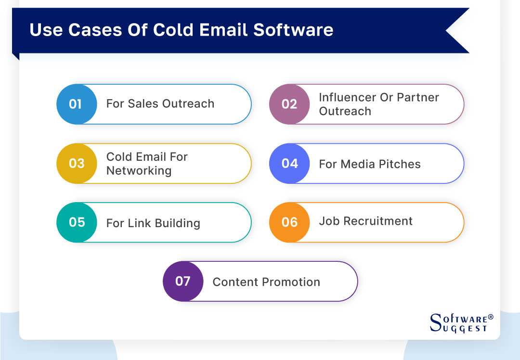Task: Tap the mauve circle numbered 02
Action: point(289,104)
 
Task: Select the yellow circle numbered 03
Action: point(77,164)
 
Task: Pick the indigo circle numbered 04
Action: point(289,164)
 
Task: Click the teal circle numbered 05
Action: point(77,222)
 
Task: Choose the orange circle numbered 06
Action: point(289,222)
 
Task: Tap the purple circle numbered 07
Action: point(183,282)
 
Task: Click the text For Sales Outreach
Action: point(160,104)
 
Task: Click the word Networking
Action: point(139,171)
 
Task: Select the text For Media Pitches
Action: point(369,164)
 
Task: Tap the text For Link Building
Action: point(153,223)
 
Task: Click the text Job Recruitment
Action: point(365,221)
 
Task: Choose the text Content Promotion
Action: point(266,282)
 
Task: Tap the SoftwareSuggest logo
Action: point(458,323)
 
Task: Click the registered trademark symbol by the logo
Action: point(491,317)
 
